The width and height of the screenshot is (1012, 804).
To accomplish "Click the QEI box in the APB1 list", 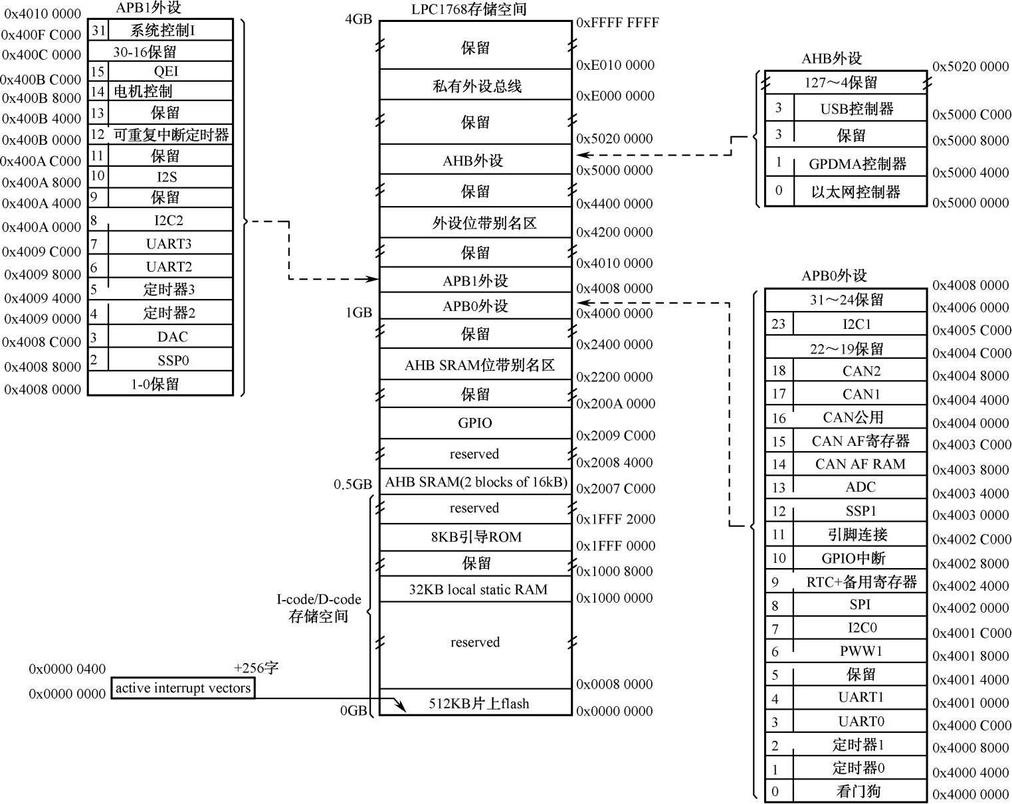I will coord(166,71).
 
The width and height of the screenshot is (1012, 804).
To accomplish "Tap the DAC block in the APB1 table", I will coord(172,337).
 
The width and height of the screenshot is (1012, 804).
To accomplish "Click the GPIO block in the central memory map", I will coord(475,423).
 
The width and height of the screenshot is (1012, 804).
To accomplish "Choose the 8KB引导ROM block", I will coord(476,537).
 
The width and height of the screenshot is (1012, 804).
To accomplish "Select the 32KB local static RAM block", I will coord(478,589).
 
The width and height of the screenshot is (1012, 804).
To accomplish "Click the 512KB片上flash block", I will coord(478,703).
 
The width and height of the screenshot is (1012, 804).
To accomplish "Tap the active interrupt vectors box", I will coord(183,688).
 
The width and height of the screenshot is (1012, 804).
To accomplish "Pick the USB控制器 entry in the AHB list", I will coord(857,108).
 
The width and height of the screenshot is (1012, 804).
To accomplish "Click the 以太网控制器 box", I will coord(855,192).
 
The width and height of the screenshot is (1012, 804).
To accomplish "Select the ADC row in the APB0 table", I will coord(860,487).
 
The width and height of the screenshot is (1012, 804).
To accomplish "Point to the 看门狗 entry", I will coord(858,791).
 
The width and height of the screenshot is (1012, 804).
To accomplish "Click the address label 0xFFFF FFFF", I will coord(617,23).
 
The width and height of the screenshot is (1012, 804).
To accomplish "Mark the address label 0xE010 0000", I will coord(615,65).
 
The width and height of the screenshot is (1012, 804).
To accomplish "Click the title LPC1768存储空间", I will coord(468,9).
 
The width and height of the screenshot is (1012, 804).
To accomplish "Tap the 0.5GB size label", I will coord(353,484).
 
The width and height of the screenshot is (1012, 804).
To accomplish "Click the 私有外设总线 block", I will coord(476,86).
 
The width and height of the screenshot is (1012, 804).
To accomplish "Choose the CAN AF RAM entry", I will coord(860,464).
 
